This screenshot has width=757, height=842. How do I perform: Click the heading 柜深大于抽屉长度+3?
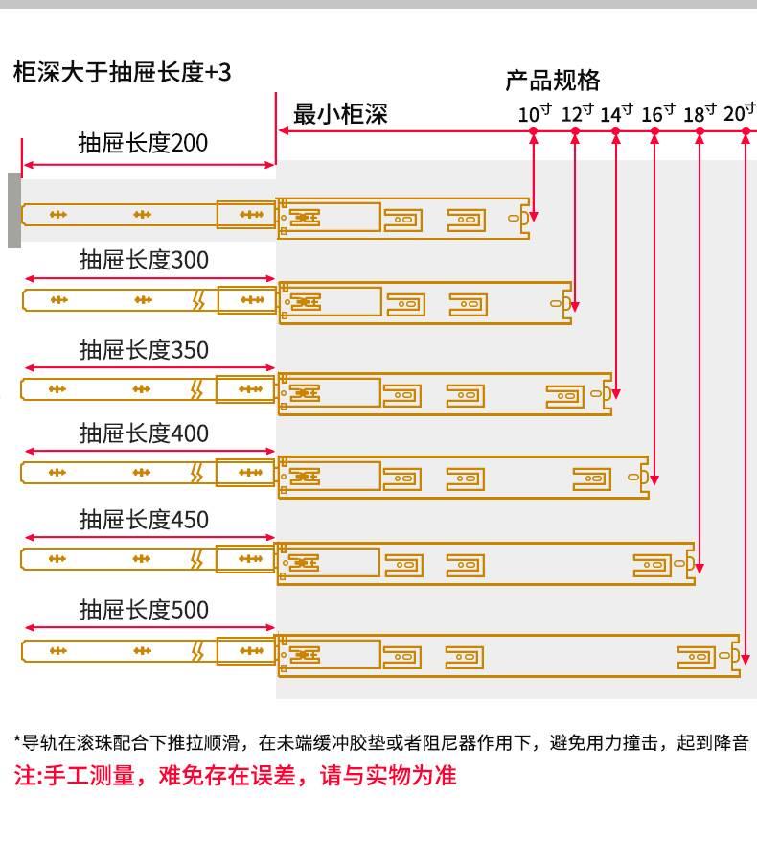[x=123, y=72]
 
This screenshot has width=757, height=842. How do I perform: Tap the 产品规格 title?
[x=553, y=81]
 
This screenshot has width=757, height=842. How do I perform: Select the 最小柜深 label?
[x=340, y=114]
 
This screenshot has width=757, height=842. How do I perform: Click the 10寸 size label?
[x=535, y=113]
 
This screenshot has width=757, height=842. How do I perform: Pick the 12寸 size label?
[x=577, y=113]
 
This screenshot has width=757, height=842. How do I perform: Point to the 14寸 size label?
[x=616, y=113]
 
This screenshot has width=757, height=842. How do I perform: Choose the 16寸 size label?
[x=658, y=113]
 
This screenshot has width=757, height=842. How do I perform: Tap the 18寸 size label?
[x=700, y=113]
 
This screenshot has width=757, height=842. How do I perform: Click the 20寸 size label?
[x=740, y=113]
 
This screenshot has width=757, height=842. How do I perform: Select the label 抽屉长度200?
[x=143, y=144]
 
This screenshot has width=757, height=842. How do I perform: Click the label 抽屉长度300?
[x=144, y=261]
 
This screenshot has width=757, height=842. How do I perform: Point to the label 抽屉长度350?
[x=144, y=350]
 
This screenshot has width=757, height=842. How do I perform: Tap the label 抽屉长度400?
[x=144, y=433]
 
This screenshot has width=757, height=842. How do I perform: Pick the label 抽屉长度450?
[x=144, y=520]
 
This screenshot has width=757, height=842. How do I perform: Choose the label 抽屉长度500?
[x=144, y=610]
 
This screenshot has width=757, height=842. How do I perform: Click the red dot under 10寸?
[x=534, y=130]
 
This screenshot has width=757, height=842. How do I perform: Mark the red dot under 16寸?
[x=654, y=130]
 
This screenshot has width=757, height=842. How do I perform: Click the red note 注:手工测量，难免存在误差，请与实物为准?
[x=236, y=776]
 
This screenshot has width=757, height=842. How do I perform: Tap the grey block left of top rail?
[x=14, y=210]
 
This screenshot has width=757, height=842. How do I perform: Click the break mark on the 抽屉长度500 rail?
[x=198, y=651]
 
